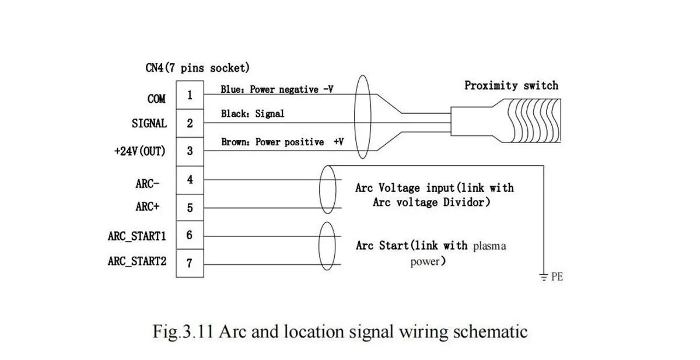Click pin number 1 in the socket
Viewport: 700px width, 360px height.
click(x=190, y=96)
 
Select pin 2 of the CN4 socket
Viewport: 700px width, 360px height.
click(x=190, y=123)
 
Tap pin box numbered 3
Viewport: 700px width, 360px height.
click(x=190, y=151)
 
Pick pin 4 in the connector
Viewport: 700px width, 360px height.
click(x=190, y=180)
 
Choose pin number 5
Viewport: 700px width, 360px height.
click(x=190, y=208)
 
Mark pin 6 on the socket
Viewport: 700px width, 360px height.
click(x=190, y=235)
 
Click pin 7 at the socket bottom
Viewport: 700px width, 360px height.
click(x=190, y=263)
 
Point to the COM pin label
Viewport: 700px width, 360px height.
click(x=156, y=99)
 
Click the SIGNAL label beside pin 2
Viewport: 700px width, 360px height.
click(x=149, y=124)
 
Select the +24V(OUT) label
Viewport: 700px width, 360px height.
click(x=140, y=151)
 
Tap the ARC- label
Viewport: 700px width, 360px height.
click(x=148, y=183)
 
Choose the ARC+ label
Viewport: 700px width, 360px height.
click(x=148, y=207)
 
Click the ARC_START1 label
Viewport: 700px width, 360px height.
click(x=137, y=236)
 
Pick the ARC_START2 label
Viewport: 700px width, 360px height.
click(x=137, y=261)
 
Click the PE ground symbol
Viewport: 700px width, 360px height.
click(x=544, y=275)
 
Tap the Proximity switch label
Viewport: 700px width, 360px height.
click(x=511, y=86)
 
